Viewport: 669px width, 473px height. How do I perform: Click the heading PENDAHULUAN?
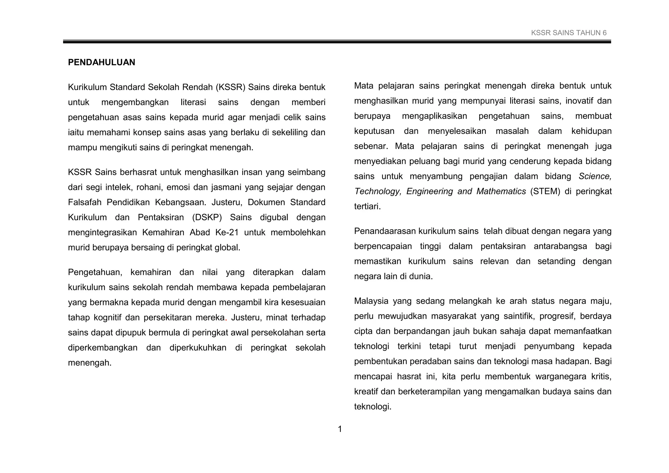point(101,62)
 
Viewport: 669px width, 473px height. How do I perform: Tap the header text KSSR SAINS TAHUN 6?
point(568,33)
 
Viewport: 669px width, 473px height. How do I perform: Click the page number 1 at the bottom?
point(340,429)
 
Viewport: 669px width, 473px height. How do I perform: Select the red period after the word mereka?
point(226,318)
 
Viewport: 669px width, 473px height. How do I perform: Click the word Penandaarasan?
point(385,231)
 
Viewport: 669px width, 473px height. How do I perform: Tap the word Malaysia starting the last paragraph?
point(371,301)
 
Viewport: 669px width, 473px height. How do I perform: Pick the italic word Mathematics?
point(501,191)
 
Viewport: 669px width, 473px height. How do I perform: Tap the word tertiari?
point(367,206)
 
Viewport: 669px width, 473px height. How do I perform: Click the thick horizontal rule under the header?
point(336,42)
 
